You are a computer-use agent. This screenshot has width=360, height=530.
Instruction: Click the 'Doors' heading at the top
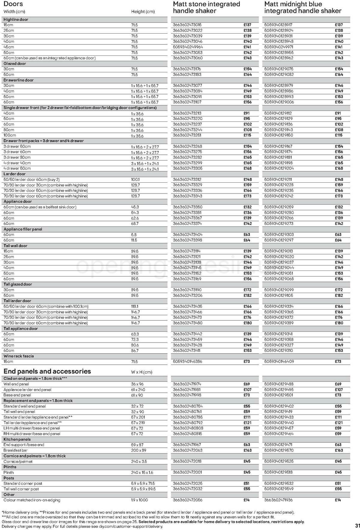click(13, 4)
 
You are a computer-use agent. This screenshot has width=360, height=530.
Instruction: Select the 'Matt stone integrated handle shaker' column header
click(206, 7)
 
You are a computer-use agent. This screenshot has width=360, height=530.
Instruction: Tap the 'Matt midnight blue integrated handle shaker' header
click(302, 7)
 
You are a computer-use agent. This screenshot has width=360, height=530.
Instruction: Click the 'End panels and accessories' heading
click(47, 371)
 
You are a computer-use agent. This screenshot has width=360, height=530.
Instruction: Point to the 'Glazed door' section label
click(15, 64)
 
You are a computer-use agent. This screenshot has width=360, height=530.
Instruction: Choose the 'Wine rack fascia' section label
click(19, 356)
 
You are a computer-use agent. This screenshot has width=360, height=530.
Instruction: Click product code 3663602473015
click(187, 25)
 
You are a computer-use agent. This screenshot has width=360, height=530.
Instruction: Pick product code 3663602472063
click(187, 450)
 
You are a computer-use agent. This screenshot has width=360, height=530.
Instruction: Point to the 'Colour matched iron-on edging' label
click(32, 500)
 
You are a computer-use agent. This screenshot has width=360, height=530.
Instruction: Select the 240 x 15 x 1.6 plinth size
click(142, 472)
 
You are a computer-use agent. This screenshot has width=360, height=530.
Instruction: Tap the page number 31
click(357, 526)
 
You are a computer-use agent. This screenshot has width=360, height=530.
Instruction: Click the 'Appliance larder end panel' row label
click(27, 390)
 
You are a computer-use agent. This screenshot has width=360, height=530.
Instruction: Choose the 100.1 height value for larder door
click(135, 180)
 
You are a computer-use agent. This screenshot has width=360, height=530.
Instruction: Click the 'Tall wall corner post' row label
click(21, 489)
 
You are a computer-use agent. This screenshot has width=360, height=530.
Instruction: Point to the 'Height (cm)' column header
click(143, 12)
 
